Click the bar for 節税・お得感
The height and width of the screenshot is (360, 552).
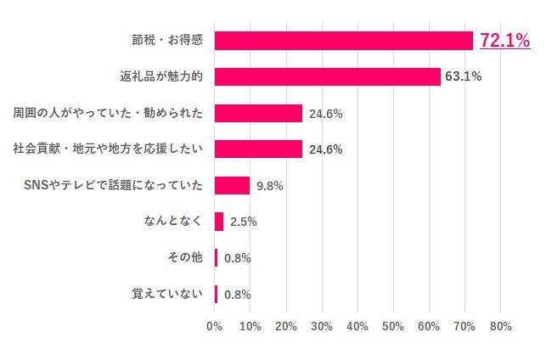pyautogui.click(x=343, y=41)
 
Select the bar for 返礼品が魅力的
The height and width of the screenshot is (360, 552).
pyautogui.click(x=327, y=76)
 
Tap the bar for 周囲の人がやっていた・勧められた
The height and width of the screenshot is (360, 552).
pyautogui.click(x=258, y=113)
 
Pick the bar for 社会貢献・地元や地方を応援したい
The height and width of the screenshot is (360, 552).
pyautogui.click(x=258, y=149)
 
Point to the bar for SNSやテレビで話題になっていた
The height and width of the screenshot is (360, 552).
pyautogui.click(x=232, y=185)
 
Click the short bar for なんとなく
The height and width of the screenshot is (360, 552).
pyautogui.click(x=219, y=222)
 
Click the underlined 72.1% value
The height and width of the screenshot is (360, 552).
pyautogui.click(x=504, y=40)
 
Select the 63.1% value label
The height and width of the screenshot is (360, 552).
pyautogui.click(x=463, y=77)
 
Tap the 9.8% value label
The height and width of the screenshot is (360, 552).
pyautogui.click(x=269, y=186)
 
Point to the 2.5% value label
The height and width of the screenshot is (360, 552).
pyautogui.click(x=243, y=222)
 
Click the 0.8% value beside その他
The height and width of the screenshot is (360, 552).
pyautogui.click(x=237, y=258)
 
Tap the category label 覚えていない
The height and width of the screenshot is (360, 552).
pyautogui.click(x=167, y=295)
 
